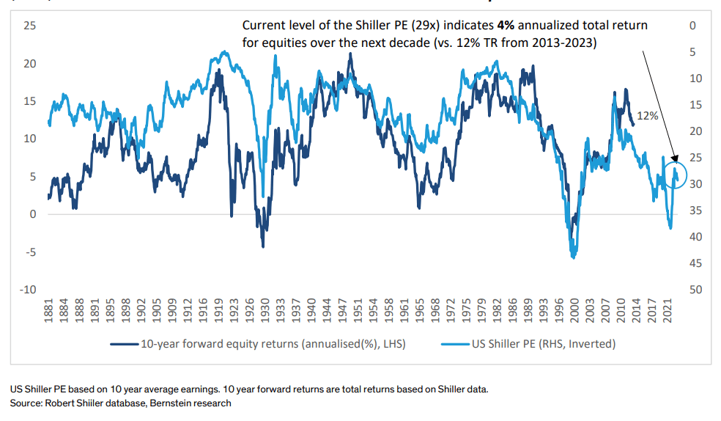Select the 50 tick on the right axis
coord(696,290)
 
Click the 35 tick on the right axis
coord(696,211)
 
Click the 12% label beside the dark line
coord(648,116)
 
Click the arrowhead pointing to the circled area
coord(676,159)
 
